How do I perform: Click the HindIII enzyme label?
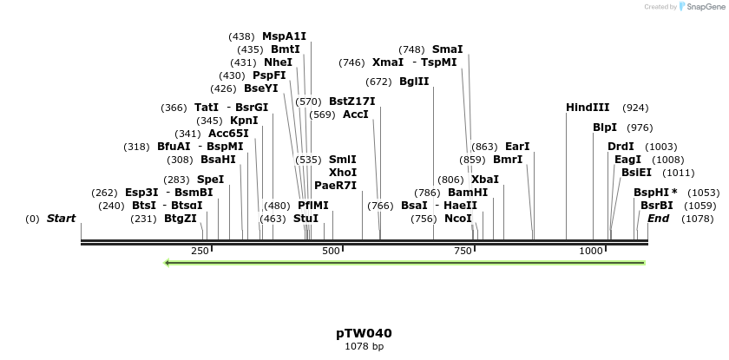(588, 108)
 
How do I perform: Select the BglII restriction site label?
(414, 82)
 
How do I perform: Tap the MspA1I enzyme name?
(284, 36)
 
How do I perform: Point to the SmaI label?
(447, 49)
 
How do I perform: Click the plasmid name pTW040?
(364, 333)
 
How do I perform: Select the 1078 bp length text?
(364, 346)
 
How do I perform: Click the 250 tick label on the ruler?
(200, 251)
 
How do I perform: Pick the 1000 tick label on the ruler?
(591, 251)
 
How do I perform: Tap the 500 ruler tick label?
(332, 251)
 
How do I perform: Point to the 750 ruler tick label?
(462, 251)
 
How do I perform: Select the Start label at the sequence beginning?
(61, 219)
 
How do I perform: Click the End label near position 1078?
(658, 219)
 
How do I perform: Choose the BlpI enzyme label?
(605, 128)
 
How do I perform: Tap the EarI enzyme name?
(517, 147)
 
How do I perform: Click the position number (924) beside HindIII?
(635, 108)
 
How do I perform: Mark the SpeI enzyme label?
(210, 180)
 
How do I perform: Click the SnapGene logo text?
(703, 7)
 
